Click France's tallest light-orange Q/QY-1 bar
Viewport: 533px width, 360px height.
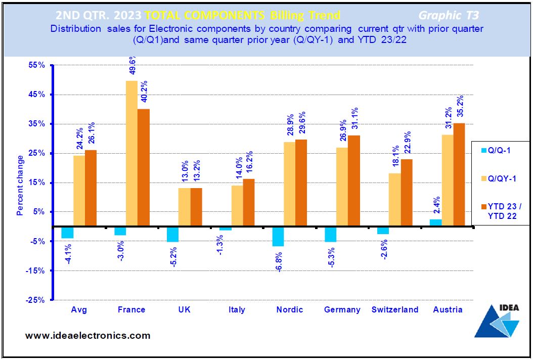click(132, 153)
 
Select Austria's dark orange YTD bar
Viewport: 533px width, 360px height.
click(459, 175)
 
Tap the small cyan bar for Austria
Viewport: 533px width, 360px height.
click(436, 222)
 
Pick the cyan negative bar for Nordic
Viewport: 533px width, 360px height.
click(278, 236)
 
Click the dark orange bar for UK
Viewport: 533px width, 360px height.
click(196, 207)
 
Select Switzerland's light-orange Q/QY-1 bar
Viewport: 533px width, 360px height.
click(394, 200)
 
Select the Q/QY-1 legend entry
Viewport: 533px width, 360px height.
click(499, 179)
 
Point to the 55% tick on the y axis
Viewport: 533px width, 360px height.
click(37, 65)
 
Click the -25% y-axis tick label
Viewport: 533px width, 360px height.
click(36, 300)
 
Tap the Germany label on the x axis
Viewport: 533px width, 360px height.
click(342, 309)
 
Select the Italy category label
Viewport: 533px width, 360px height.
click(237, 309)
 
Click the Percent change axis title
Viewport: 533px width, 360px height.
click(20, 185)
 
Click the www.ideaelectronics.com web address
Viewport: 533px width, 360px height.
click(87, 336)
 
